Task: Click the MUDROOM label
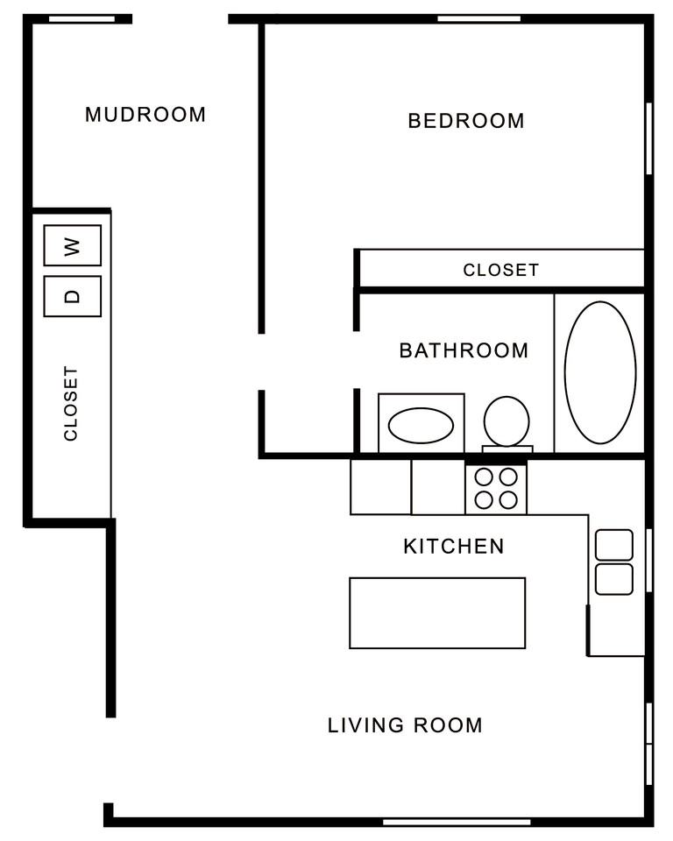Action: (145, 115)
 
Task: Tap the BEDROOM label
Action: (466, 121)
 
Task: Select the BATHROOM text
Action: (464, 351)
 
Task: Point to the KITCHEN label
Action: (453, 547)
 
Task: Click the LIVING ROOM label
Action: (405, 725)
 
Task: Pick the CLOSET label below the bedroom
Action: (500, 270)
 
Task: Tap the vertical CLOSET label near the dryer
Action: (71, 403)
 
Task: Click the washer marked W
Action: (73, 245)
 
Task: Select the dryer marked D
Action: (73, 296)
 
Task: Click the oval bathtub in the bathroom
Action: (599, 372)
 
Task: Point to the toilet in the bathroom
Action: (507, 422)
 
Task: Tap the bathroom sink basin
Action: (421, 426)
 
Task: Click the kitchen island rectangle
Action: (437, 612)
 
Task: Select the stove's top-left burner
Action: (484, 477)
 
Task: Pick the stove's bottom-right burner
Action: (508, 500)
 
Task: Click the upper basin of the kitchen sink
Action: (613, 545)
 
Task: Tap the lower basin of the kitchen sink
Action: (613, 579)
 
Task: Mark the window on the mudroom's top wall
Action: (81, 18)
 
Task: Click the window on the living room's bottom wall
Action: (457, 821)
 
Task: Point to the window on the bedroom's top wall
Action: (478, 18)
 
